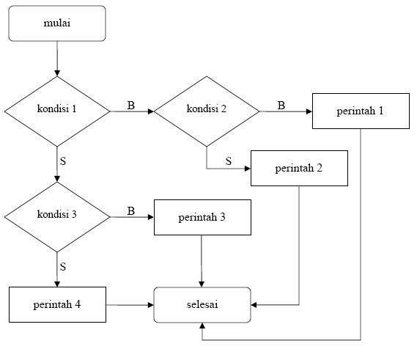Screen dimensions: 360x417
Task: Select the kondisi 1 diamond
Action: coord(56,111)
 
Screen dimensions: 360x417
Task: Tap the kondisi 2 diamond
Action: coord(207,111)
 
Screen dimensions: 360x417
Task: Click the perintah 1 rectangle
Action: coord(361,111)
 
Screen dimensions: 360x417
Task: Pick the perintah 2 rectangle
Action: coord(299,168)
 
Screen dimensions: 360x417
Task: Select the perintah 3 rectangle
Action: coord(202,217)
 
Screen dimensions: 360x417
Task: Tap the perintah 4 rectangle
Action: coord(56,304)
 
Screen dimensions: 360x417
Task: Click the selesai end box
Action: coord(202,304)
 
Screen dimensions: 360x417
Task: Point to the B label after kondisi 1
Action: coord(131,106)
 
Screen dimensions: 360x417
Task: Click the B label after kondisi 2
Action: coord(281,106)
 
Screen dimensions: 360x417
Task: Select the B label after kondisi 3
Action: coord(131,211)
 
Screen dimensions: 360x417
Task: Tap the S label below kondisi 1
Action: coord(63,160)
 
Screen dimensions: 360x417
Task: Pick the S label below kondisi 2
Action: coord(228,161)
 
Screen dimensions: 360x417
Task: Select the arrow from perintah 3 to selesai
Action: coord(202,260)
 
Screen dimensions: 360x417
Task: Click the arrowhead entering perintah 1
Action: coord(308,111)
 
